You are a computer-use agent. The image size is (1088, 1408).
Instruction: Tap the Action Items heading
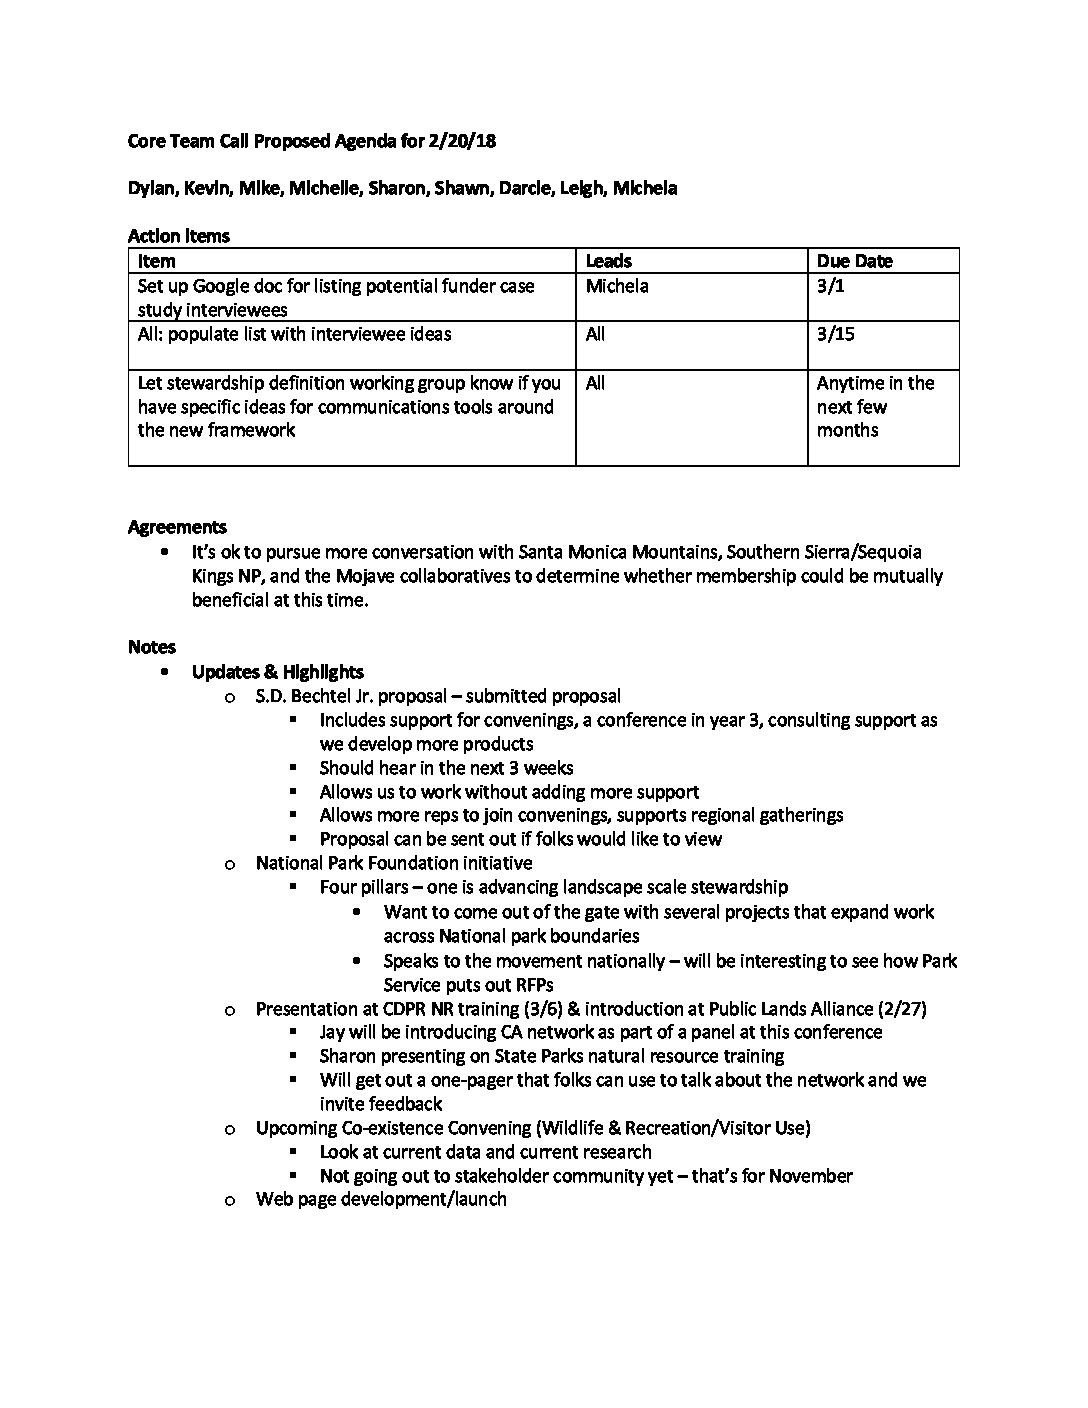pos(179,236)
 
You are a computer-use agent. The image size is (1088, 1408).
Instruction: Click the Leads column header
pos(609,261)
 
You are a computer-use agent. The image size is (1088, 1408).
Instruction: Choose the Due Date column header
pos(854,261)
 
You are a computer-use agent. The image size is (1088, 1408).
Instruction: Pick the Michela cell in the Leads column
pos(617,286)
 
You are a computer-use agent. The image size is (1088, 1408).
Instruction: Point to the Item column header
pos(156,261)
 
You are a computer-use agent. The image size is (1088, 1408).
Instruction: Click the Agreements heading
pos(177,527)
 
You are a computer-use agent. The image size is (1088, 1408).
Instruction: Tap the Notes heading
pos(152,647)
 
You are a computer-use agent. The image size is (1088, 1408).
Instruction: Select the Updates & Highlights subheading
pos(278,672)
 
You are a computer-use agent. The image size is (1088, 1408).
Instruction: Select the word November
pos(812,1176)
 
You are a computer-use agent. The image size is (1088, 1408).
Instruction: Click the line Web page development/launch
pos(381,1199)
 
